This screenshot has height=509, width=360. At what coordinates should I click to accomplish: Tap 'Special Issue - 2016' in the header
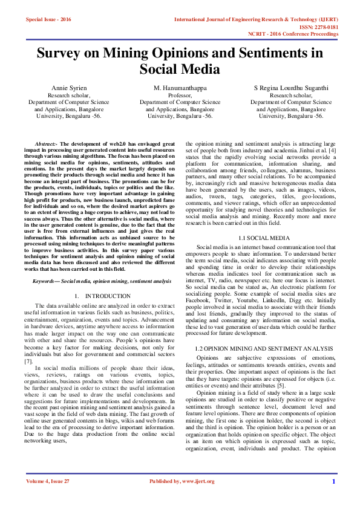click(48, 19)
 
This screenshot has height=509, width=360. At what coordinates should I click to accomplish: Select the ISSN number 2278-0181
click(326, 27)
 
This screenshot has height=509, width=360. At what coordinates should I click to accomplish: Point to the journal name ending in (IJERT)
click(256, 19)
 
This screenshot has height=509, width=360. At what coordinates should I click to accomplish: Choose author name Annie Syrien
click(70, 88)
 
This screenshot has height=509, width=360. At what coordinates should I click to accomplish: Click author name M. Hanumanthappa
click(180, 88)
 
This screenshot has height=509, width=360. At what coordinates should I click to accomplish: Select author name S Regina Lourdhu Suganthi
click(291, 88)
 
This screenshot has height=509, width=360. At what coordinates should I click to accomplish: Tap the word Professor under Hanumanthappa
click(180, 96)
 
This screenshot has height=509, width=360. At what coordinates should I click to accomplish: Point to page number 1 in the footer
click(333, 482)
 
